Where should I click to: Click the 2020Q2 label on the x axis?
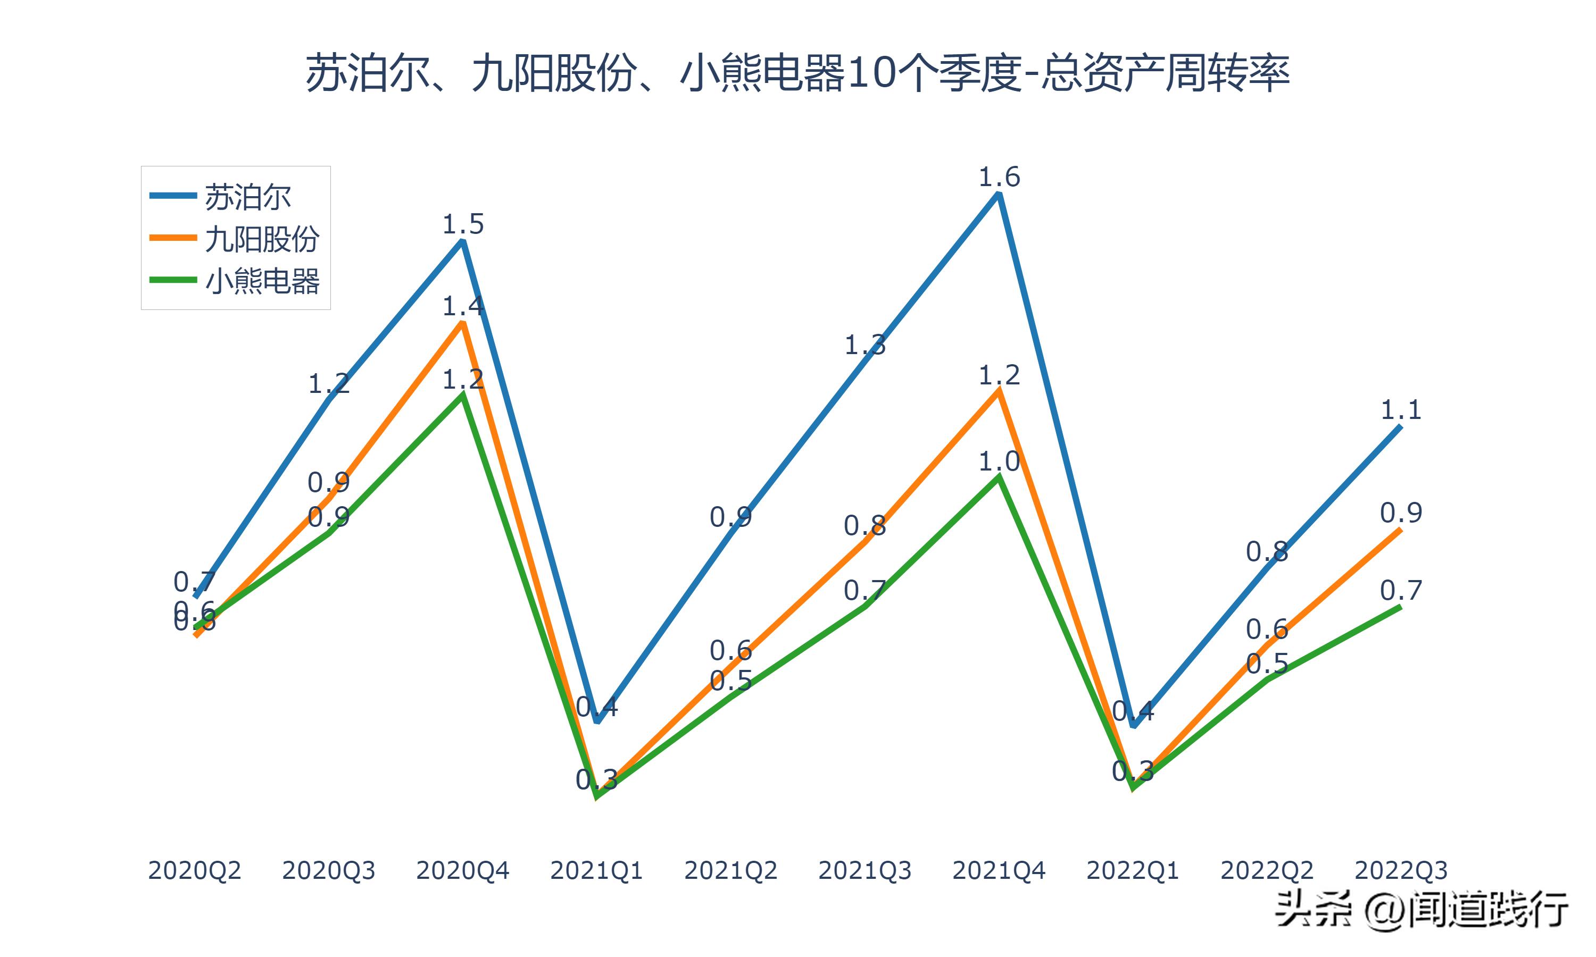[x=194, y=870]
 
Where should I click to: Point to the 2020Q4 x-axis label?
[x=462, y=870]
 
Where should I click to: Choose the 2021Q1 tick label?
[x=597, y=870]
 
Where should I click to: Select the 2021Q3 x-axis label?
[x=865, y=870]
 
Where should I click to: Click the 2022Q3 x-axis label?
[x=1401, y=870]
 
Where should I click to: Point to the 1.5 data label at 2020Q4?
[x=462, y=224]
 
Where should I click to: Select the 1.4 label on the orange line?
[x=462, y=306]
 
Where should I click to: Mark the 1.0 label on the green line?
[x=999, y=461]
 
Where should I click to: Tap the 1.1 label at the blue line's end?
[x=1401, y=409]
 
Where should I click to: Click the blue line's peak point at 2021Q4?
[x=999, y=194]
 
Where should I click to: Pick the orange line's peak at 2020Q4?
[x=462, y=322]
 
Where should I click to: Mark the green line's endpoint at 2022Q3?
[x=1401, y=607]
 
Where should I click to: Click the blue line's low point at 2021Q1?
[x=597, y=721]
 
